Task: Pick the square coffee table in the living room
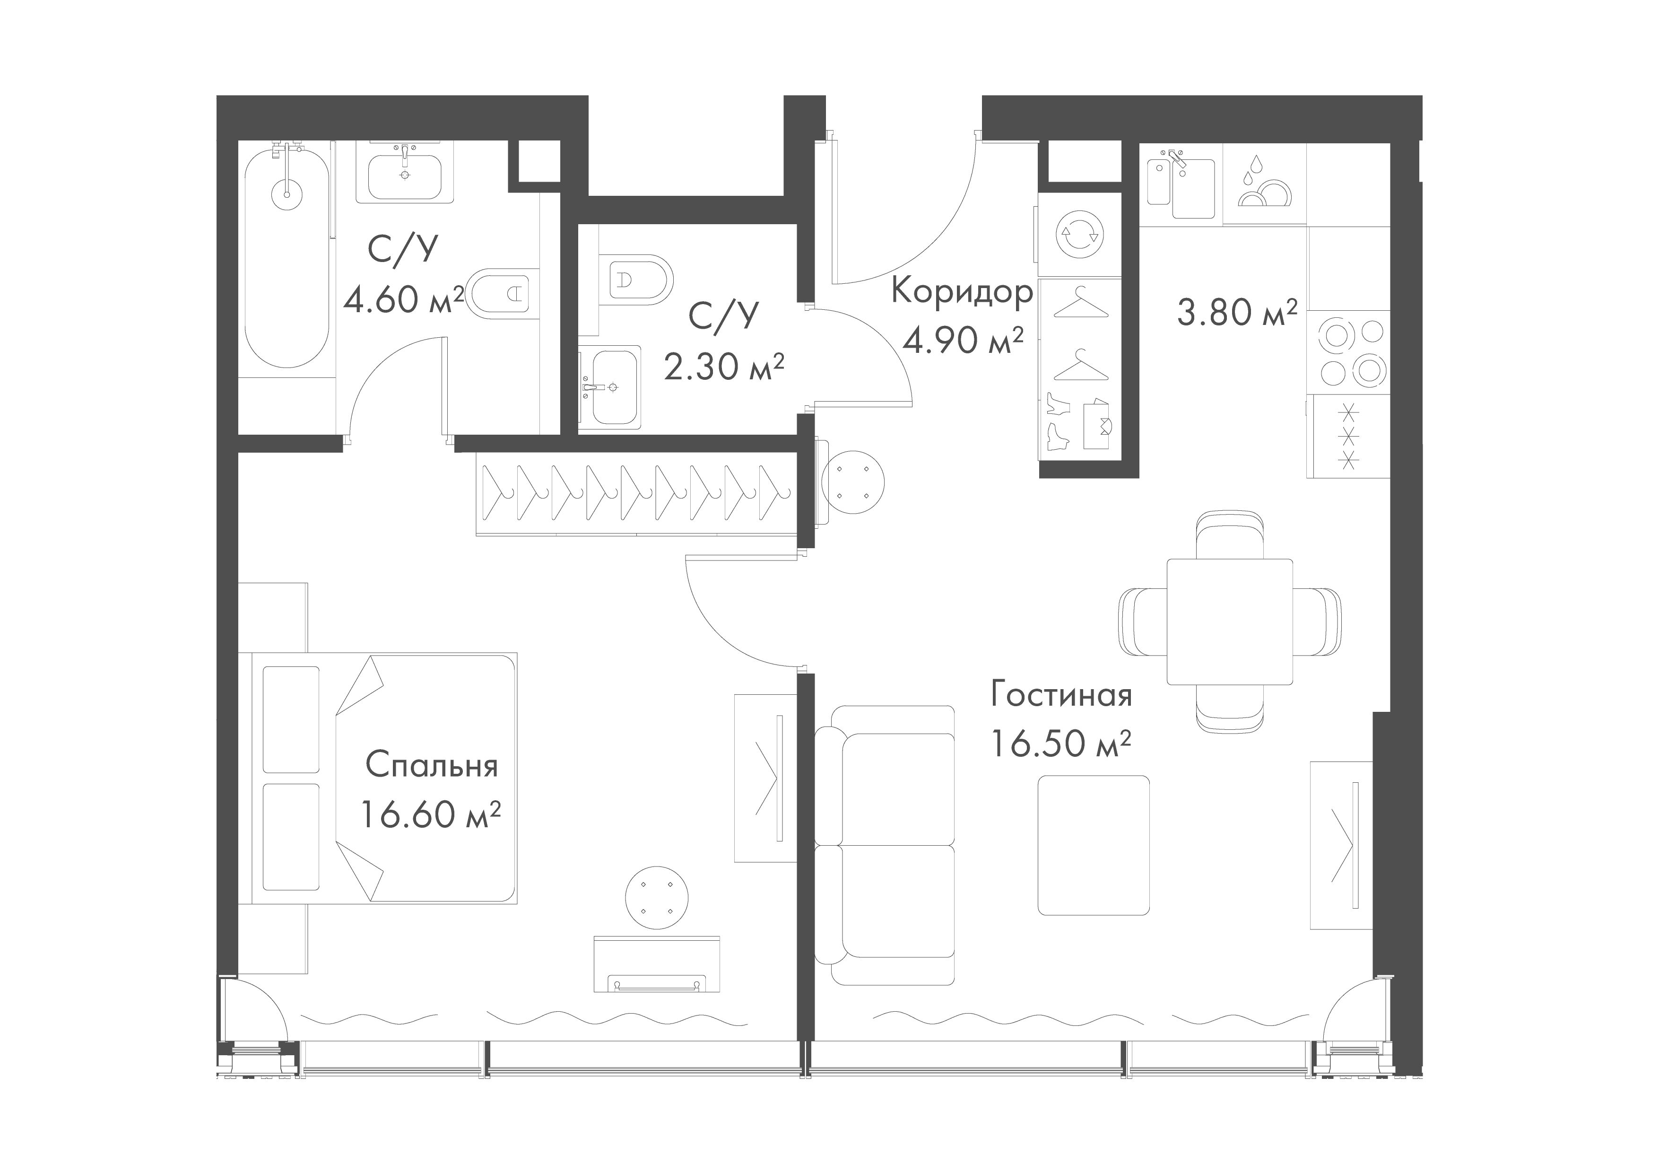tap(1093, 845)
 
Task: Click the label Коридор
tap(962, 293)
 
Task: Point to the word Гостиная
tap(1061, 695)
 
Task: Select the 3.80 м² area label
tap(1236, 314)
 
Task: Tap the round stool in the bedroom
tap(656, 898)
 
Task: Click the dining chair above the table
tap(1230, 534)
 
